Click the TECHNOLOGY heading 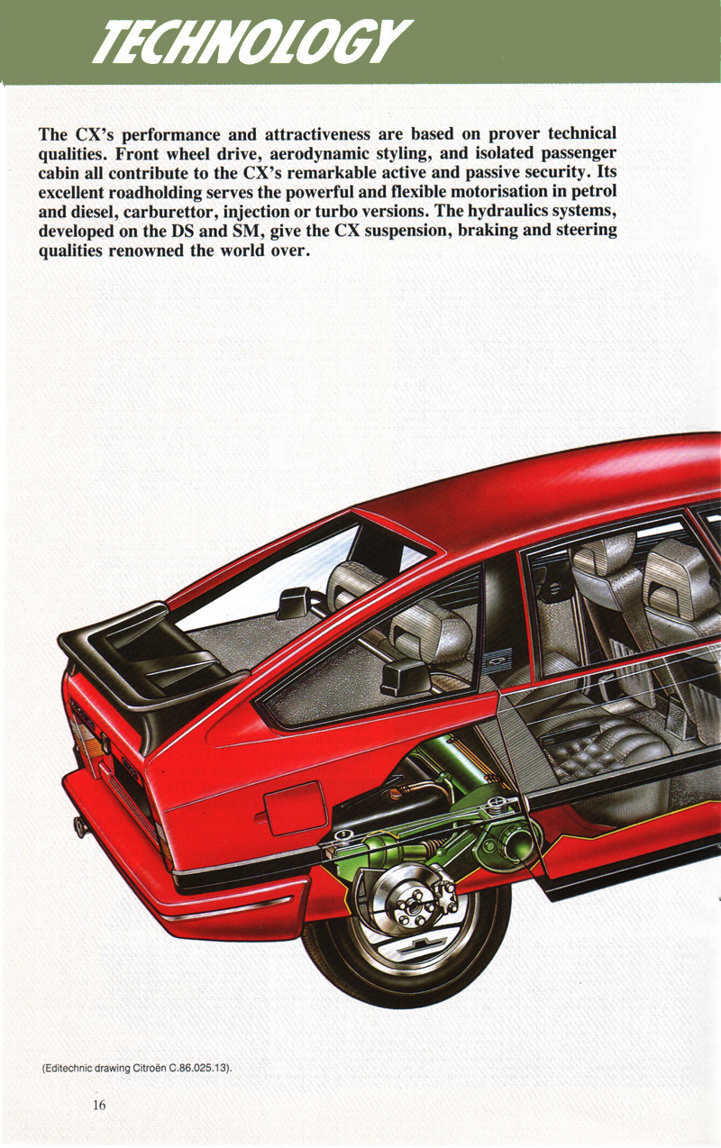(x=251, y=42)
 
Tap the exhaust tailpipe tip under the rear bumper (x=80, y=826)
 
